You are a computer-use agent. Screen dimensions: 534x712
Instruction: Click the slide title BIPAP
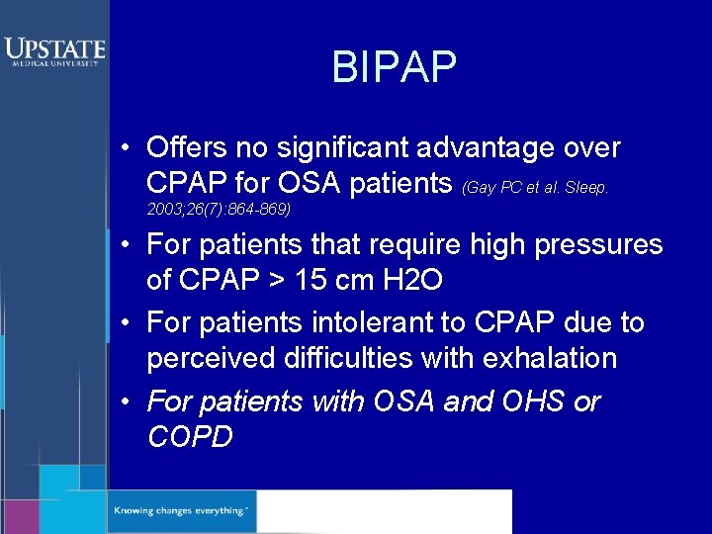click(394, 67)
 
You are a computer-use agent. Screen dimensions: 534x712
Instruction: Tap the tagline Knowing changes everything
click(179, 511)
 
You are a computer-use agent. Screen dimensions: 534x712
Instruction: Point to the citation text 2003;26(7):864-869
click(219, 210)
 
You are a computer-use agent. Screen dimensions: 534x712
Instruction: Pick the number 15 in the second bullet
click(311, 280)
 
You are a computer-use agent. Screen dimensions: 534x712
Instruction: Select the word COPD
click(190, 436)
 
